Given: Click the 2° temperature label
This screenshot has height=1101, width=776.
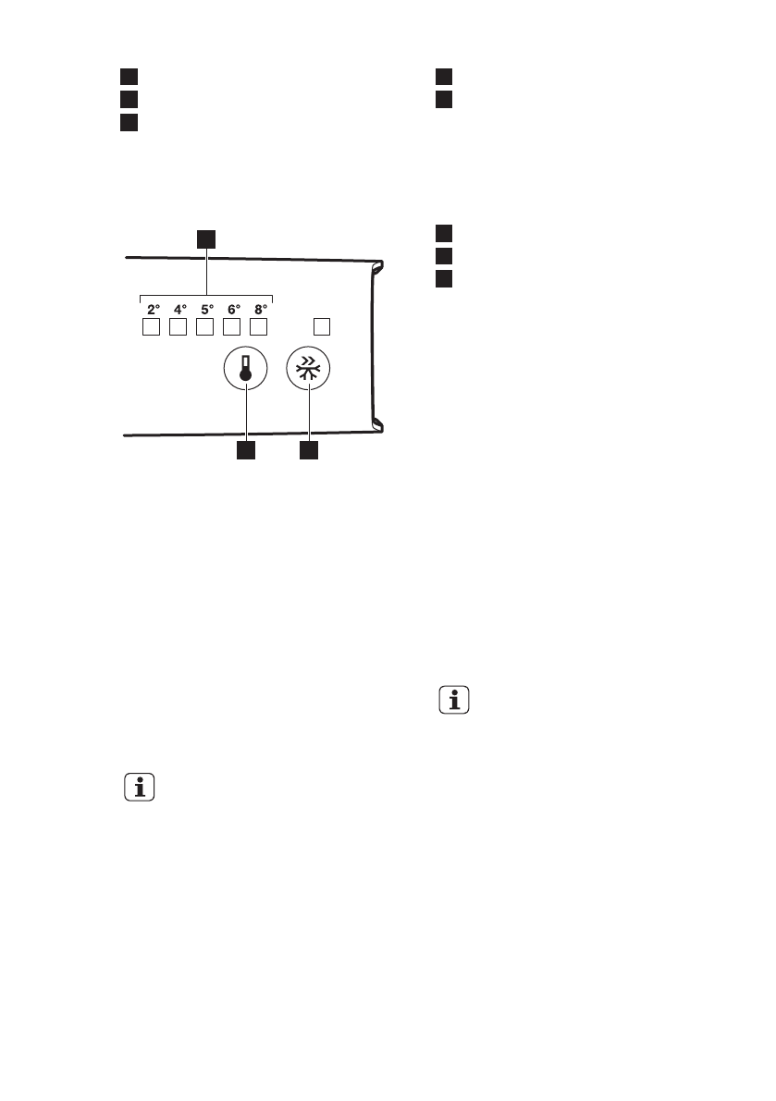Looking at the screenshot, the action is point(154,311).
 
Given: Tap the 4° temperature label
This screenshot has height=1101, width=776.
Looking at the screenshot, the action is point(180,311).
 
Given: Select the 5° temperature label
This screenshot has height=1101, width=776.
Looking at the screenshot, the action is point(207,311).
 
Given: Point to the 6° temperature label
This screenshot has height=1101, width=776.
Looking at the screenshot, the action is point(234,311).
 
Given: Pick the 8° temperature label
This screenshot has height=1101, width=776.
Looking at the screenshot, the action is point(261,311).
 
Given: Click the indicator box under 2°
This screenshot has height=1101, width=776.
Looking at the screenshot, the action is point(153,327).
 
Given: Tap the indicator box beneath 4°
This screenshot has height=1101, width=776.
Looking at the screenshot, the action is point(179,327).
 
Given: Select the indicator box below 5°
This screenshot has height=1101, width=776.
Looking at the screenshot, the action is point(206,327).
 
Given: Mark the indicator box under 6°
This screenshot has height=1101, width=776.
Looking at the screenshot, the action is point(233,327).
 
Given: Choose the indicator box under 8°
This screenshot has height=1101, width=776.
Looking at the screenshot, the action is point(260,327).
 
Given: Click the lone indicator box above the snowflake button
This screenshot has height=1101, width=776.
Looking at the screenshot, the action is point(322,326).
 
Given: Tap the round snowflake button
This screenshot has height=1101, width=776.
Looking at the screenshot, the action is point(309,372).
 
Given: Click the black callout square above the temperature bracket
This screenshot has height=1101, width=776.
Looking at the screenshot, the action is point(206,239).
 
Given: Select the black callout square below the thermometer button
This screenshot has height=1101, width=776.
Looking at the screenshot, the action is point(246,451).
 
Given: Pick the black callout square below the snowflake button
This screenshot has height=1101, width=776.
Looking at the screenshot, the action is point(309,451).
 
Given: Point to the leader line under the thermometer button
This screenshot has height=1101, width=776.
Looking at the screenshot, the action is point(246,417).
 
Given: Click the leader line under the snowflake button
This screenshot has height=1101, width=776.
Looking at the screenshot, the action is point(309,417).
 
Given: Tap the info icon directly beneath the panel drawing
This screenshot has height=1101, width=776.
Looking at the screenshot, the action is point(139,788).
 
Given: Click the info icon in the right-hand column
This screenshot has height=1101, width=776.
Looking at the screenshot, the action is point(453,701).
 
